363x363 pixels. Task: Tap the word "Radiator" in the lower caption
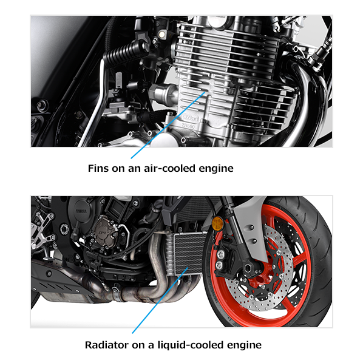[106, 345]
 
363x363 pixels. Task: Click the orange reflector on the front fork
[217, 223]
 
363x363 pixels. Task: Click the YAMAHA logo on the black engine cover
[81, 211]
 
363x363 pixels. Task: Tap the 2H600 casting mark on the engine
[188, 126]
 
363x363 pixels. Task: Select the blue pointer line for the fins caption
[168, 125]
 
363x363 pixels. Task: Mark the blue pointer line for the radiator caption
[160, 300]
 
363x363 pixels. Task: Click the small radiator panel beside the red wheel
[186, 254]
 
